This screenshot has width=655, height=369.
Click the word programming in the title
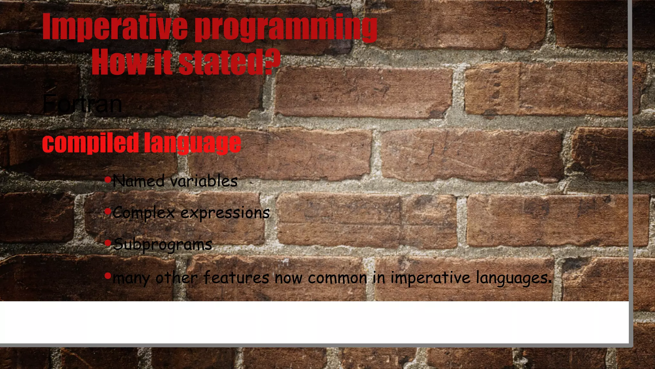(x=286, y=28)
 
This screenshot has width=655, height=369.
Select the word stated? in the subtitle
(x=229, y=62)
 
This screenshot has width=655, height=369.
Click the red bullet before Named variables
(x=108, y=179)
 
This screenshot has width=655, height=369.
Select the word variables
(x=204, y=181)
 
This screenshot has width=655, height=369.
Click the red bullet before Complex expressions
(x=108, y=211)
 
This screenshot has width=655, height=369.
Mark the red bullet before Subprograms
(x=108, y=242)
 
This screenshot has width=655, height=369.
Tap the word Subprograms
(x=163, y=245)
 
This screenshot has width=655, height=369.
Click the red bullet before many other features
(x=108, y=275)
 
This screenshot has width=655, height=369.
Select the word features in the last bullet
(x=236, y=277)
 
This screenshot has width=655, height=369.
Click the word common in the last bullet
(x=337, y=278)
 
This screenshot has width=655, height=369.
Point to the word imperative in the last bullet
(x=431, y=278)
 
